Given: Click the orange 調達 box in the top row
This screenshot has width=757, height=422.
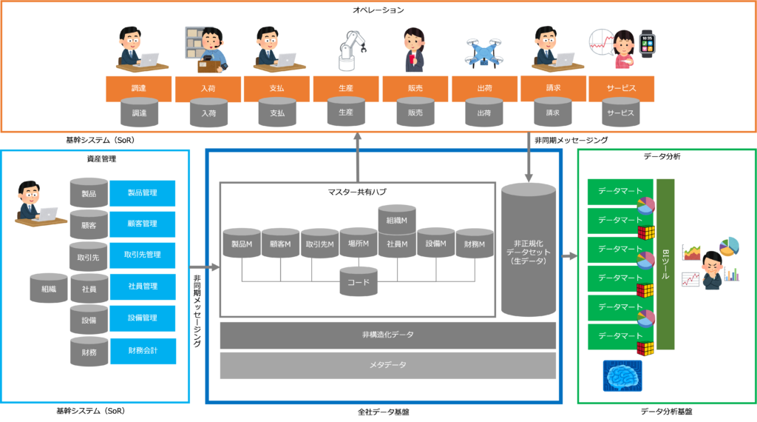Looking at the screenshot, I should (139, 88).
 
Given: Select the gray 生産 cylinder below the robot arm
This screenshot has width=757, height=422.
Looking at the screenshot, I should (346, 113).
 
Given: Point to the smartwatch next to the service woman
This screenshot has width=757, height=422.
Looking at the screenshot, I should (647, 44).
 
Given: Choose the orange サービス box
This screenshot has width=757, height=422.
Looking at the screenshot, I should (621, 88).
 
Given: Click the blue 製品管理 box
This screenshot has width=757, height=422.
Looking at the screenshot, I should (143, 193).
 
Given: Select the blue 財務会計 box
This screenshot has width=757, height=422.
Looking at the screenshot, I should (143, 351).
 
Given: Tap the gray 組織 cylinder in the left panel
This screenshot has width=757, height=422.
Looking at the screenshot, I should (49, 289).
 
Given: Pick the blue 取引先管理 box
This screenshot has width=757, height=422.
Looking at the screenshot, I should (143, 255).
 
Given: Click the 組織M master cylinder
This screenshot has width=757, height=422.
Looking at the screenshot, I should (397, 219).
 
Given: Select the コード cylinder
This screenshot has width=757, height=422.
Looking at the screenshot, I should (359, 282).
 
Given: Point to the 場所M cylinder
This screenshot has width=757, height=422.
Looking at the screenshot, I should (359, 244).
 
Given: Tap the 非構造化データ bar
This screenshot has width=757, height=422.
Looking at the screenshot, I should (388, 335).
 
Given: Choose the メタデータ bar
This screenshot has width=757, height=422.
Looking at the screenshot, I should (388, 365).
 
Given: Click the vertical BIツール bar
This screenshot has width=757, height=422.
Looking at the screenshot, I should (665, 264).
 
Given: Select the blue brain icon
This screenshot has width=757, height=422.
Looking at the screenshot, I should (622, 376).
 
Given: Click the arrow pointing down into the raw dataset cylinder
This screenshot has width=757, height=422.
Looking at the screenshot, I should (529, 158).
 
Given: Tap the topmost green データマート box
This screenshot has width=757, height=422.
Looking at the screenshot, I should (620, 191).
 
